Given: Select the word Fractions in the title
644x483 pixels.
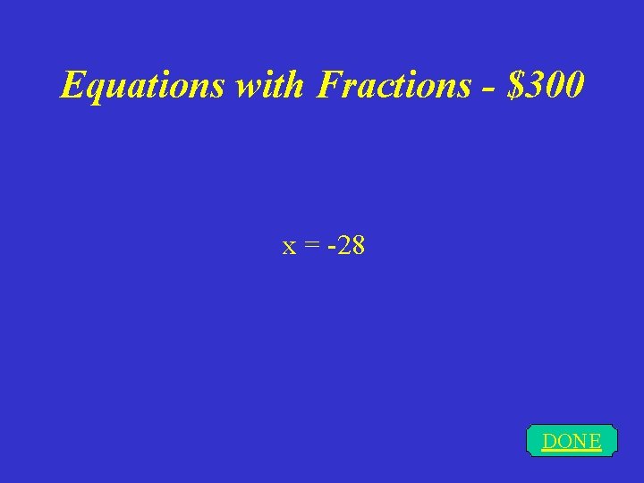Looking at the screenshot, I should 394,86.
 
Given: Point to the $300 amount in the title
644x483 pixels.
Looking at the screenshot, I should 546,86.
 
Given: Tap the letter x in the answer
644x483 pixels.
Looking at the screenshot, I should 289,246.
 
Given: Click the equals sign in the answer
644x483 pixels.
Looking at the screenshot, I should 313,246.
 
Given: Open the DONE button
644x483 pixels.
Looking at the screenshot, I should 572,441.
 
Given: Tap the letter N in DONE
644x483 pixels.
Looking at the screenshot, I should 580,441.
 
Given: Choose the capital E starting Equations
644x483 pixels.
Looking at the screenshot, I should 71,86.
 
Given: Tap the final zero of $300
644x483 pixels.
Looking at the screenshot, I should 574,86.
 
